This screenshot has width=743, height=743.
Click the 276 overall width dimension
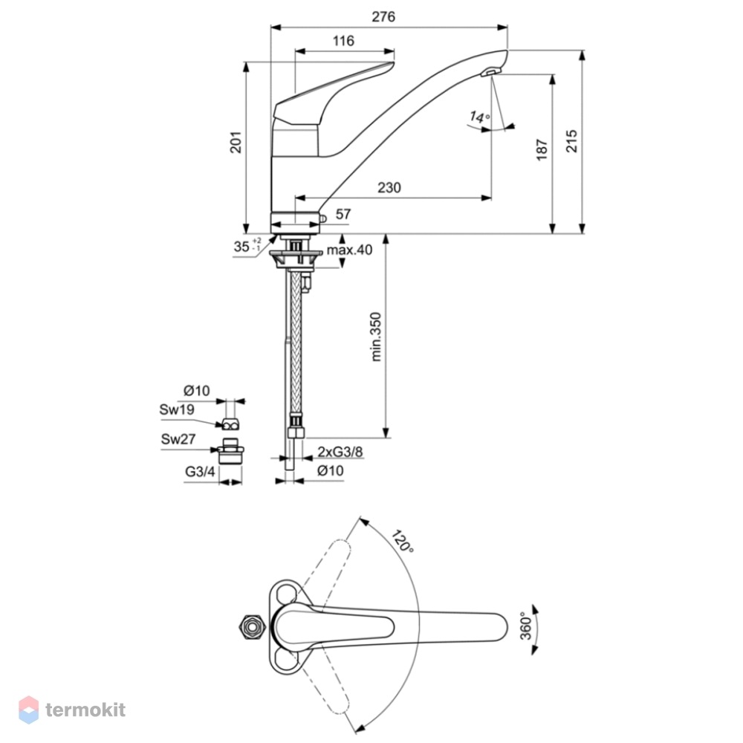pos(383,17)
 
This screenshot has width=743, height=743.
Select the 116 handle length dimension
pos(343,41)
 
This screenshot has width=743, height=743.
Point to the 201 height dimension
pos(236,142)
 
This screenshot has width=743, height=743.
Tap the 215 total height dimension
pos(572,140)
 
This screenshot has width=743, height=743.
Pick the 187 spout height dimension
pos(542,150)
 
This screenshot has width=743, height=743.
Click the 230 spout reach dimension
pos(389,188)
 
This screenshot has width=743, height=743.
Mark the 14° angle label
pos(479,117)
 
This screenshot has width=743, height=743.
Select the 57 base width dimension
pos(343,214)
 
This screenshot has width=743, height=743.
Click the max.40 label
pos(350,250)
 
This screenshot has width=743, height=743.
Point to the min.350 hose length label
pos(376,337)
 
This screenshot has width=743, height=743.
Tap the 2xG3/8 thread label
pos(340,452)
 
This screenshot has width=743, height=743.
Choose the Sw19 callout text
pos(177,409)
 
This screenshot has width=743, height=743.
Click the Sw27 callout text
pos(178,439)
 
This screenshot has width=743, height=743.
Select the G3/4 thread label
pos(200,472)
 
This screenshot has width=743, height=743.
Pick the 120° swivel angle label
pos(402,541)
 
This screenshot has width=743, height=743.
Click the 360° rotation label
pos(526,626)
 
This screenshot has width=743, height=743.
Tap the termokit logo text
pos(85,710)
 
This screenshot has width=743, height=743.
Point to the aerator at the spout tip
pos(490,72)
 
